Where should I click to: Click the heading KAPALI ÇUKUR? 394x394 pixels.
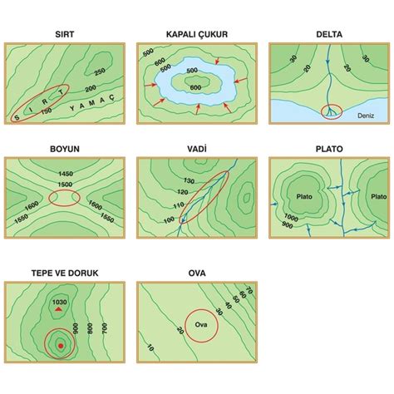(197, 34)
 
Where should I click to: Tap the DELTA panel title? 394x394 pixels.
(329, 34)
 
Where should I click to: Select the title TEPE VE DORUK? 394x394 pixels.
(65, 273)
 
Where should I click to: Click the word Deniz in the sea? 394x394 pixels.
(366, 116)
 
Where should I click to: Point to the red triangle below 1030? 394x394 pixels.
(58, 309)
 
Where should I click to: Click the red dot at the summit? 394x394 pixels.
(61, 346)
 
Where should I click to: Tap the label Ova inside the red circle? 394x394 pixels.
(201, 324)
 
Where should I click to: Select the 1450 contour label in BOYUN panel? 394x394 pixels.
(66, 174)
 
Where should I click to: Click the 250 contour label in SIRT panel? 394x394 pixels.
(100, 71)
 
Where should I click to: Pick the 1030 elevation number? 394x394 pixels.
(60, 302)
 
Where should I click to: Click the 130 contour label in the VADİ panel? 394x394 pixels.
(190, 181)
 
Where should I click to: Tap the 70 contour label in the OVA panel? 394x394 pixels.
(249, 290)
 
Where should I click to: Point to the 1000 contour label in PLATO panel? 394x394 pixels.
(291, 218)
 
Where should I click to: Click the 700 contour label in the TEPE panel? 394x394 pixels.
(104, 328)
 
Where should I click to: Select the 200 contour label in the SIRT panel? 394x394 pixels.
(91, 89)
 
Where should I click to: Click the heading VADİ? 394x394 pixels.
(197, 149)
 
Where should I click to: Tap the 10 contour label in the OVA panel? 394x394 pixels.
(150, 347)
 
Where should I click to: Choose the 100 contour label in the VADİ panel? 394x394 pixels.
(169, 220)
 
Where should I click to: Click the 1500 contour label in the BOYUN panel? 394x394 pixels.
(65, 185)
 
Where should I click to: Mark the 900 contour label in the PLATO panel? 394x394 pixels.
(288, 225)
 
